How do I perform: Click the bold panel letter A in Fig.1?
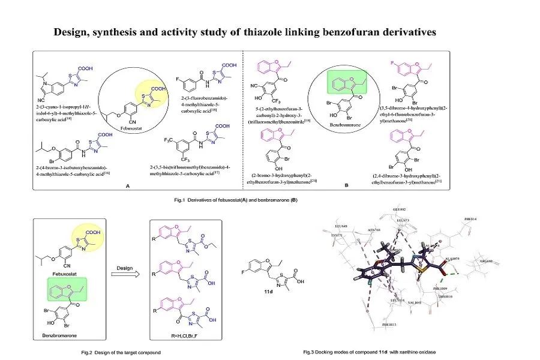click(x=128, y=186)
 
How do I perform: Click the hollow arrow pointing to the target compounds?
click(x=127, y=274)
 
